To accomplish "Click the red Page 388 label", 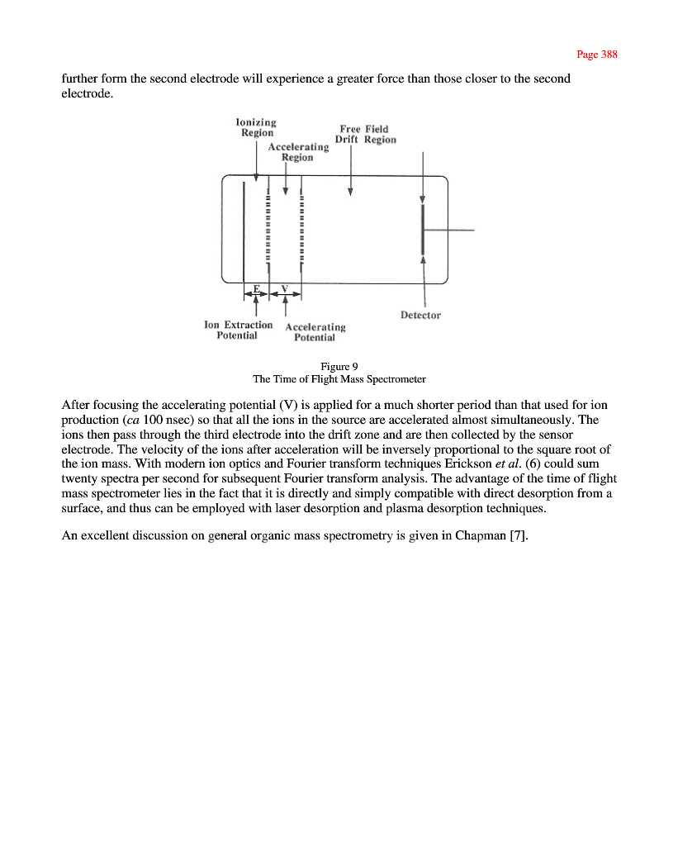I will coord(596,55).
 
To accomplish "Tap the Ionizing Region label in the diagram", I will coord(257,127).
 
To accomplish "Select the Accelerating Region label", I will coord(298,152).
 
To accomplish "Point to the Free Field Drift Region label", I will coord(365,134).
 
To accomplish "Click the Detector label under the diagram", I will coord(420,315).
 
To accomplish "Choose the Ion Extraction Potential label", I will coord(238,330).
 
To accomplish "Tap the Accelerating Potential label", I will coord(315,332).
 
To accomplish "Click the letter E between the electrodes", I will coord(256,289).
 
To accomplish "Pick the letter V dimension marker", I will coord(285,289).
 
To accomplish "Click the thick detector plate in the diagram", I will coord(423,231).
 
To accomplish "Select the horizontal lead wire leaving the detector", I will coord(449,231).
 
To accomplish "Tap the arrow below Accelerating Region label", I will coord(285,178).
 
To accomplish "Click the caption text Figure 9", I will coord(339,366).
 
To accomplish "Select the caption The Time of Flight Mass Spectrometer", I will coord(339,379).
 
